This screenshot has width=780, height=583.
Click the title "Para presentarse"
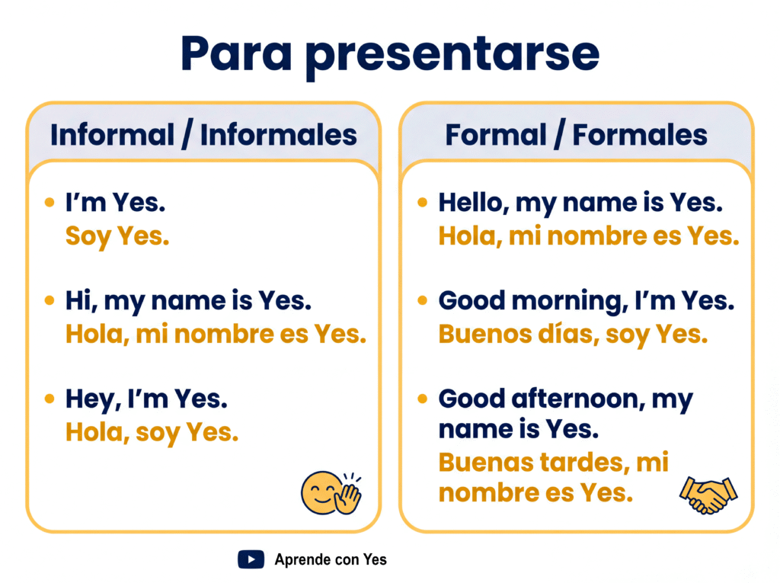(390, 55)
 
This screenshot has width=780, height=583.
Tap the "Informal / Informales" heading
(203, 135)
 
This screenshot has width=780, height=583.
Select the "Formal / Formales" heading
(576, 135)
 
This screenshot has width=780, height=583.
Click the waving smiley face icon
(331, 493)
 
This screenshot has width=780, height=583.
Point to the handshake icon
(708, 495)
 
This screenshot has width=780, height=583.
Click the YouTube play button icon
(251, 559)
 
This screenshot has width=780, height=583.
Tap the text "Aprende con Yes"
(331, 559)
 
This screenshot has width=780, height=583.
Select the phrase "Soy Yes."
(117, 237)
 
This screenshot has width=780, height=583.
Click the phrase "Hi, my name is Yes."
(189, 302)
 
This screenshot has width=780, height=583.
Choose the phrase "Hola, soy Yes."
(152, 433)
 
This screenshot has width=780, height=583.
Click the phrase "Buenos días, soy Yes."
(573, 335)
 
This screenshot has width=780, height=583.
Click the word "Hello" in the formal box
(472, 203)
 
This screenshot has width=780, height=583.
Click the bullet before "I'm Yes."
(50, 202)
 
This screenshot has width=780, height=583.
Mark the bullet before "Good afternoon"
(422, 399)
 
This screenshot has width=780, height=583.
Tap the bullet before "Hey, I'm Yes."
(50, 399)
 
